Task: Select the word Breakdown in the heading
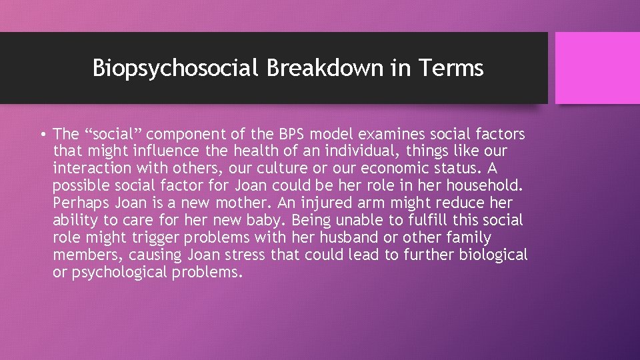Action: [311, 68]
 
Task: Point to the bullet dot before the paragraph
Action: [43, 135]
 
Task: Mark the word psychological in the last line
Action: [120, 272]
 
